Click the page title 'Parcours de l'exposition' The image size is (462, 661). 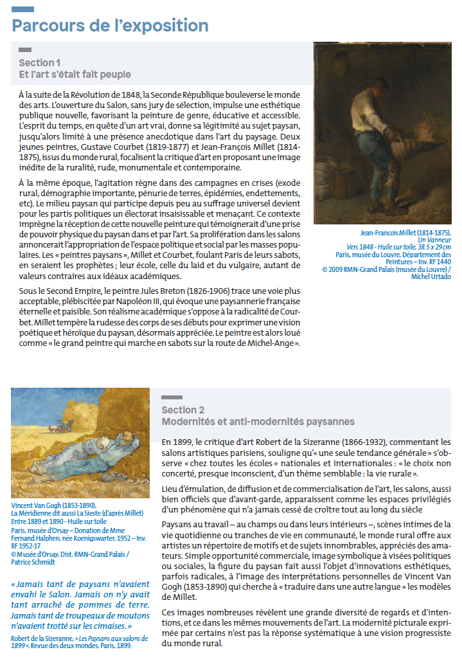point(110,26)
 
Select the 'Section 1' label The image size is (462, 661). point(39,63)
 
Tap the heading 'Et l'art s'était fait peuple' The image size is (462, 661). point(75,75)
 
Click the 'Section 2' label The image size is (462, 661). point(183,410)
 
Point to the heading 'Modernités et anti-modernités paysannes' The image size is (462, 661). point(258,422)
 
